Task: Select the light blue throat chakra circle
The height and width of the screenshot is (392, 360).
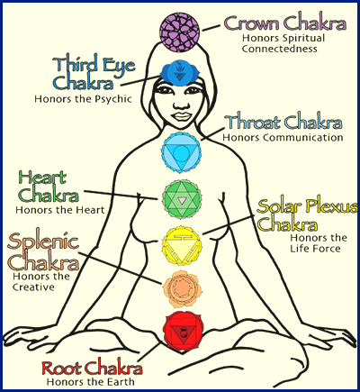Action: click(181, 153)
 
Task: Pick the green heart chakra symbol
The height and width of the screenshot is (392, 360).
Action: click(182, 199)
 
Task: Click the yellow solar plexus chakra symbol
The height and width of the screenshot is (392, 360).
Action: click(182, 246)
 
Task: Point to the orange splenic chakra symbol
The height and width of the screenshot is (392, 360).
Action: click(182, 288)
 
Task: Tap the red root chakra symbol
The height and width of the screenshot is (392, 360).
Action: click(183, 331)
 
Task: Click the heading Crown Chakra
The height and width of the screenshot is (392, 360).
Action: click(285, 23)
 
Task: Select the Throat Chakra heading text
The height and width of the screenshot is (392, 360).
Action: click(283, 121)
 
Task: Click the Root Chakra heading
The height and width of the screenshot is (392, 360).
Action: click(92, 368)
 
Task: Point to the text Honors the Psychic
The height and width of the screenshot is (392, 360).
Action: click(83, 99)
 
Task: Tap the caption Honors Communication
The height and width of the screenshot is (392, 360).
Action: click(283, 137)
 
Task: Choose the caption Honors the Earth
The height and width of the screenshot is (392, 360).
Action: click(91, 382)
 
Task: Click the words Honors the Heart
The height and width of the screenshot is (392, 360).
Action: click(60, 210)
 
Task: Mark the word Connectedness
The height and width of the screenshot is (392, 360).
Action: click(280, 49)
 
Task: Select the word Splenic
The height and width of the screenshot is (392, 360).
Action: click(43, 242)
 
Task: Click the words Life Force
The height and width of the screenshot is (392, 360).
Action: click(315, 249)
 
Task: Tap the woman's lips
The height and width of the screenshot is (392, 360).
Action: click(180, 116)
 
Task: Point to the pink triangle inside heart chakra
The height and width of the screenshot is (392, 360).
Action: click(182, 200)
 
